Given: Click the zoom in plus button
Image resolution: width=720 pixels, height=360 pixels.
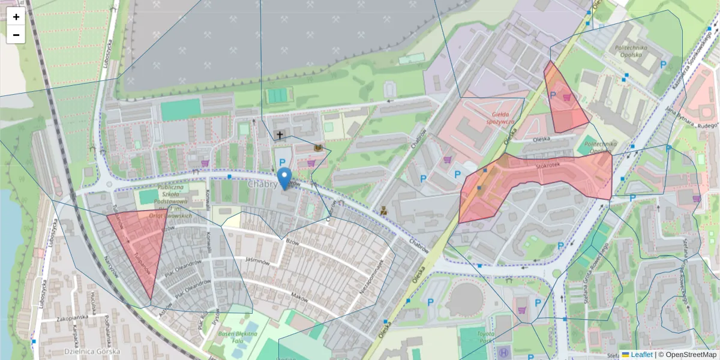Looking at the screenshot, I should pos(16,17).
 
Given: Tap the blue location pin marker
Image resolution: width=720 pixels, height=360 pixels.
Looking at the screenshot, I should pos(284,178).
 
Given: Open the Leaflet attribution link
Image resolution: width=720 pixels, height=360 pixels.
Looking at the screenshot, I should pos(641,355).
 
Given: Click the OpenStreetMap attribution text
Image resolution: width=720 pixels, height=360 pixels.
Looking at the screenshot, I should pos(687,355).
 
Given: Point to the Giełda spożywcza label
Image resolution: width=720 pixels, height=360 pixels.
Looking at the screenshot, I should pos(503,118).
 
